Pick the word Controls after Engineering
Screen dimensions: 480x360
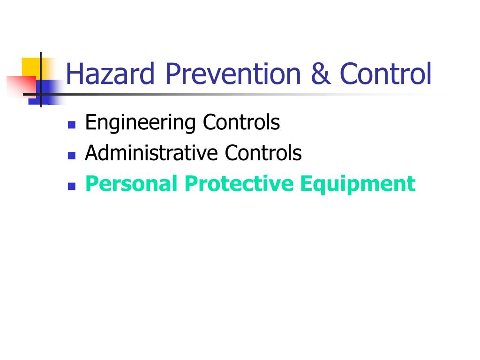click(x=241, y=122)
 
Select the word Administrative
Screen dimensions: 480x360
click(x=151, y=152)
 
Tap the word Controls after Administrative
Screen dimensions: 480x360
click(x=263, y=152)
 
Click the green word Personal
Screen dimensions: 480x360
click(x=131, y=183)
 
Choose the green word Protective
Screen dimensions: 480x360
click(x=239, y=183)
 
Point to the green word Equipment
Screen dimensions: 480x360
click(x=358, y=184)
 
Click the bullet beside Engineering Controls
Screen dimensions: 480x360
click(x=72, y=125)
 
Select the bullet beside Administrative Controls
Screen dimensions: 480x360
click(x=72, y=156)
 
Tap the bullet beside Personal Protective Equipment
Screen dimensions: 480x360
click(x=72, y=186)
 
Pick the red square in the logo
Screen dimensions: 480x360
click(x=22, y=86)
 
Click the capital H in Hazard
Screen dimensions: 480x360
click(x=73, y=73)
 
